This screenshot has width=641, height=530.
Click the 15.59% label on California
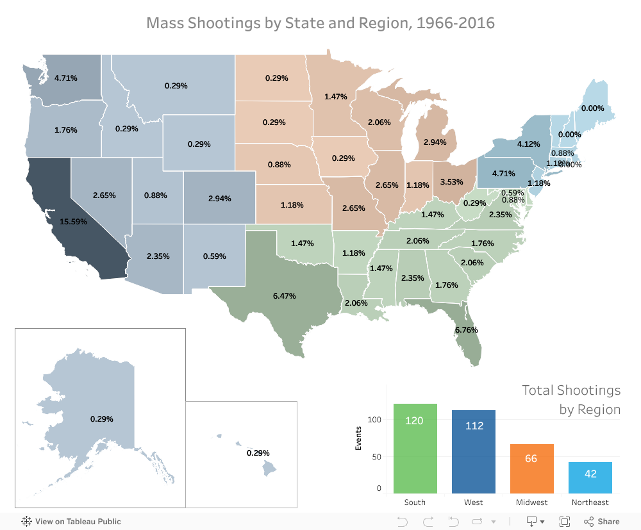click(x=74, y=221)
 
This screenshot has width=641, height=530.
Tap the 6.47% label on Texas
click(x=284, y=296)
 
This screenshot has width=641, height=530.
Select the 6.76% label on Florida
click(x=466, y=330)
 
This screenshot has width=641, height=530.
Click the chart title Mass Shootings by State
click(x=320, y=23)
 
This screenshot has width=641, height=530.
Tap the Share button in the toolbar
click(x=602, y=521)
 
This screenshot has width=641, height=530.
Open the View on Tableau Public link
click(x=71, y=521)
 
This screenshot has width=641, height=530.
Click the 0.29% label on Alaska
click(x=102, y=418)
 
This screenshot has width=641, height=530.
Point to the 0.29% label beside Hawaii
click(x=258, y=452)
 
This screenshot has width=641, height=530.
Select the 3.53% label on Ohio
click(x=451, y=181)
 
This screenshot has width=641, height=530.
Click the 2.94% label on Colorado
click(x=220, y=199)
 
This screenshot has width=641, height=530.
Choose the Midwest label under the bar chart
click(x=531, y=502)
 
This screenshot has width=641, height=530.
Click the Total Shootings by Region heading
click(x=570, y=399)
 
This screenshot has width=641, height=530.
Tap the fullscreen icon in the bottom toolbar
click(x=565, y=521)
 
